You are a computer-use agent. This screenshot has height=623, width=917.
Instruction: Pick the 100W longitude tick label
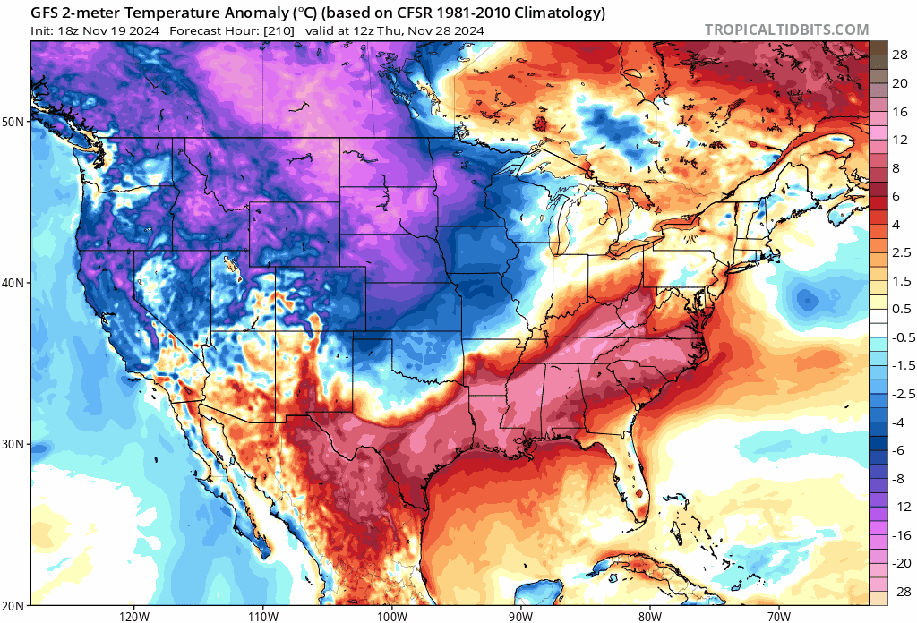[x=390, y=616]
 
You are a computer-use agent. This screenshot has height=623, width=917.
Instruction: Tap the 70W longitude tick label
[x=777, y=616]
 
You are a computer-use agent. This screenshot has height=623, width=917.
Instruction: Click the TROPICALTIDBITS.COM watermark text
[x=786, y=30]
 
